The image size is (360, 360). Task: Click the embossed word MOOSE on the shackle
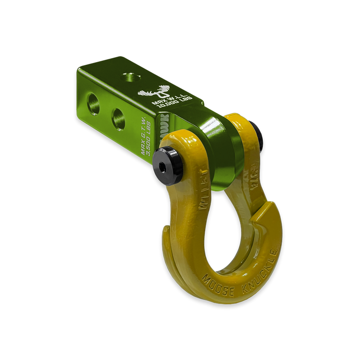(219, 279)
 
